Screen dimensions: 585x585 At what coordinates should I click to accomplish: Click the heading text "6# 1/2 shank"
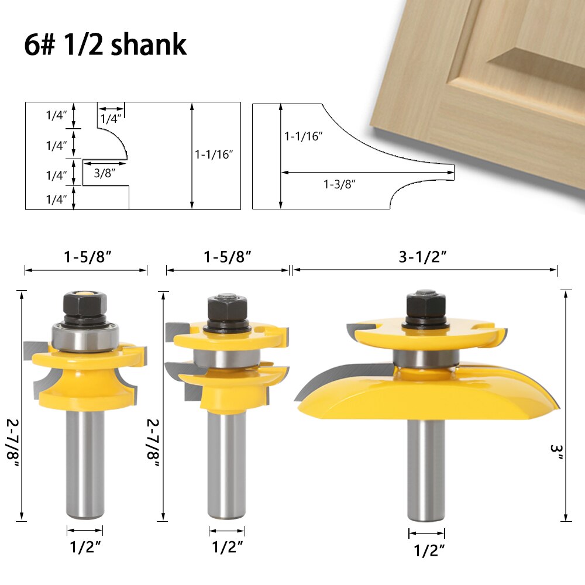[105, 46]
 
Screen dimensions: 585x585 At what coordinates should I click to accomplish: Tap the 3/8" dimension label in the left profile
[102, 173]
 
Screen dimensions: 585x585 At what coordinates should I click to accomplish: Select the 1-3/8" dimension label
[340, 184]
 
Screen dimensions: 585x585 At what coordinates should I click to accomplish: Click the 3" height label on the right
[556, 453]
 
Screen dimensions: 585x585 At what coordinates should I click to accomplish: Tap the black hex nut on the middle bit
[226, 307]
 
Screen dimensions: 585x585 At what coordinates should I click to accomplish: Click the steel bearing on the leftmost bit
[85, 338]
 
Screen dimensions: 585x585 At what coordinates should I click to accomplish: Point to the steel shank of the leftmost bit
[85, 462]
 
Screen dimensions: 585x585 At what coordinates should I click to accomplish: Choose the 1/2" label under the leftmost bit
[85, 548]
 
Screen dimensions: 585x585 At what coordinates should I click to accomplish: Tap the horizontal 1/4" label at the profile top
[111, 119]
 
